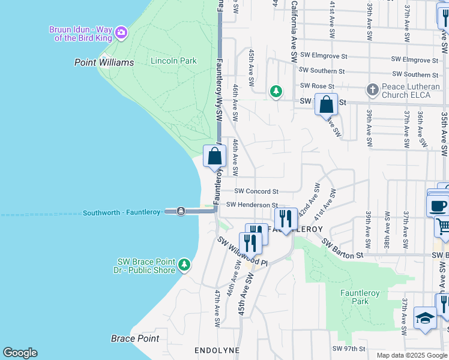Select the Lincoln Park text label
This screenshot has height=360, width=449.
pos(173,61)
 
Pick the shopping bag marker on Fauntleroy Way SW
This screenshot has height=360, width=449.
pos(215,157)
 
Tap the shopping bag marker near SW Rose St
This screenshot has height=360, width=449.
pos(326,105)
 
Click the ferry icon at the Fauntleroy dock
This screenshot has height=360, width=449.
pos(181,211)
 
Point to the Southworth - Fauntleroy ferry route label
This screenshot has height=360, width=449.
pos(122,212)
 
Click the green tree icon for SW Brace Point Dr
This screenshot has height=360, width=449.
pos(184,264)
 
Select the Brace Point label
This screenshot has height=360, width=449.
pos(135,338)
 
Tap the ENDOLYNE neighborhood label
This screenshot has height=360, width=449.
pos(217,350)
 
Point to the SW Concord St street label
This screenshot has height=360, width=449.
pos(256,191)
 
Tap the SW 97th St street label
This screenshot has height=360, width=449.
pos(349,349)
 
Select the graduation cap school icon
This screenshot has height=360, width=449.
pos(425,318)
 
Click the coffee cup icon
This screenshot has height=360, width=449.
pos(438,205)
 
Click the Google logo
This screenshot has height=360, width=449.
pos(20,353)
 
